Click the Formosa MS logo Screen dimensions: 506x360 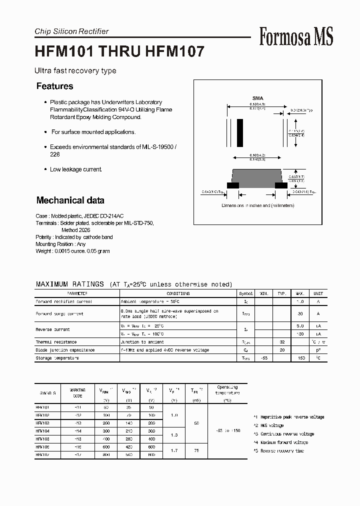click(x=296, y=37)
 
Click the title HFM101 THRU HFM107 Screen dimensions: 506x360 click(x=119, y=52)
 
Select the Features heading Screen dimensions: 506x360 click(x=55, y=86)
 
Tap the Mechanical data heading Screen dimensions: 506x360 click(x=70, y=200)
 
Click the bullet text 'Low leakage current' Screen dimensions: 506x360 click(x=76, y=169)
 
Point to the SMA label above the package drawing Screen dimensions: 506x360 click(x=257, y=98)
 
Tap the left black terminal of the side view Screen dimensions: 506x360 click(x=233, y=185)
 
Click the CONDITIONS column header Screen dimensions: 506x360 click(x=178, y=294)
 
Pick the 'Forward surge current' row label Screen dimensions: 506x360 click(x=59, y=314)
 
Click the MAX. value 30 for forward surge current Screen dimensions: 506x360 click(x=300, y=314)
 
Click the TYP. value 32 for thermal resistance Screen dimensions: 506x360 click(x=282, y=342)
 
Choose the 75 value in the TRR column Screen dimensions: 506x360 click(x=196, y=450)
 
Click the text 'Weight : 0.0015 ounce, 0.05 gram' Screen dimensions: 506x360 click(x=73, y=251)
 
